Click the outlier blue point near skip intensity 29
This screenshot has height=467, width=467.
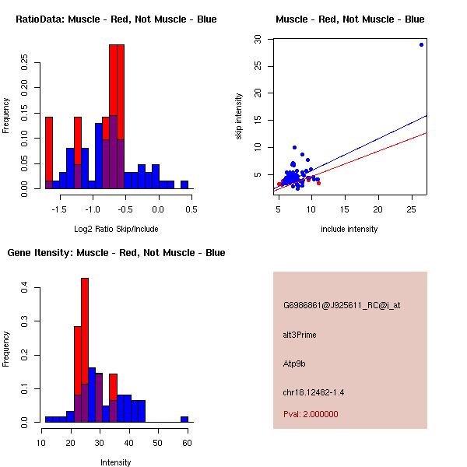pos(421,44)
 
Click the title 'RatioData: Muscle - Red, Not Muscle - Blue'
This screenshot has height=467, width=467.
pos(117,19)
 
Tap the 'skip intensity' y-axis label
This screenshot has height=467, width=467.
pos(239,117)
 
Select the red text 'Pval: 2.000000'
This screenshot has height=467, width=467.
pos(311,414)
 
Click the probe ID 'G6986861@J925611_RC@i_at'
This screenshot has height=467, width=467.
pos(342,306)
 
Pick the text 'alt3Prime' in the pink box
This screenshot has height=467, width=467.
pos(300,335)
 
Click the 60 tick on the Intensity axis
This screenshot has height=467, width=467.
pos(185,442)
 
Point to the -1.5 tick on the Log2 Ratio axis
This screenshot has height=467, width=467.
pos(59,209)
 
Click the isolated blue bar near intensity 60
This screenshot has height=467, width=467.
pos(184,420)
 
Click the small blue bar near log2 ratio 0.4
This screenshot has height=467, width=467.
pos(184,185)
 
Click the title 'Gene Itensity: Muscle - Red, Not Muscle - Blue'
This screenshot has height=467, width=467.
pos(117,253)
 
